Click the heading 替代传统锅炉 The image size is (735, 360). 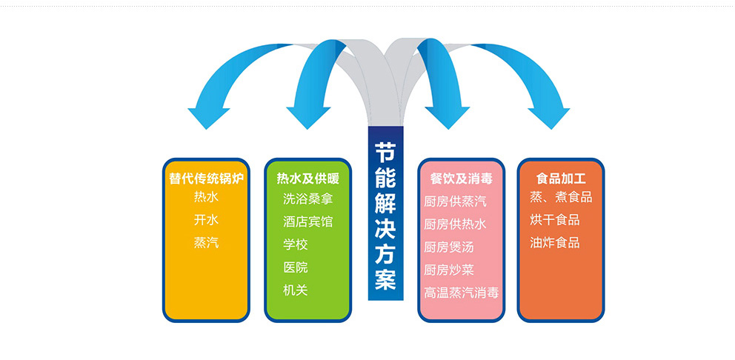tap(206, 179)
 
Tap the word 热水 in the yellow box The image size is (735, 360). tap(206, 198)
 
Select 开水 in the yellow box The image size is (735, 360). tap(206, 220)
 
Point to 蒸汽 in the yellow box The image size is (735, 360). tap(206, 242)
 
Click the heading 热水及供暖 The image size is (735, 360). tap(307, 179)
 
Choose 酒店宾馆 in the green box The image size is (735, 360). tap(307, 221)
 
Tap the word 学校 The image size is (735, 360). tap(295, 244)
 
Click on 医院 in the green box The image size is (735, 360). tap(295, 267)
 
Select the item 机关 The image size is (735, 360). tap(295, 290)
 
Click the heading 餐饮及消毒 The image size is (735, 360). tap(461, 179)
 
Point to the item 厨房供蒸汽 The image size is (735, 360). tap(455, 201)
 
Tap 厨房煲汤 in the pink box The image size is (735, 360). tap(449, 247)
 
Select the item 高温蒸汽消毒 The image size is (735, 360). tap(461, 293)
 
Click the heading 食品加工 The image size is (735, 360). tap(561, 179)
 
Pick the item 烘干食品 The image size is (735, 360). tap(555, 220)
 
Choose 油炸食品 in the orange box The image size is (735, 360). tap(555, 242)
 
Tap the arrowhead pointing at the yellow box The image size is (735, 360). tap(209, 118)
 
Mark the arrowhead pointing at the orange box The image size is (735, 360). tap(548, 118)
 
